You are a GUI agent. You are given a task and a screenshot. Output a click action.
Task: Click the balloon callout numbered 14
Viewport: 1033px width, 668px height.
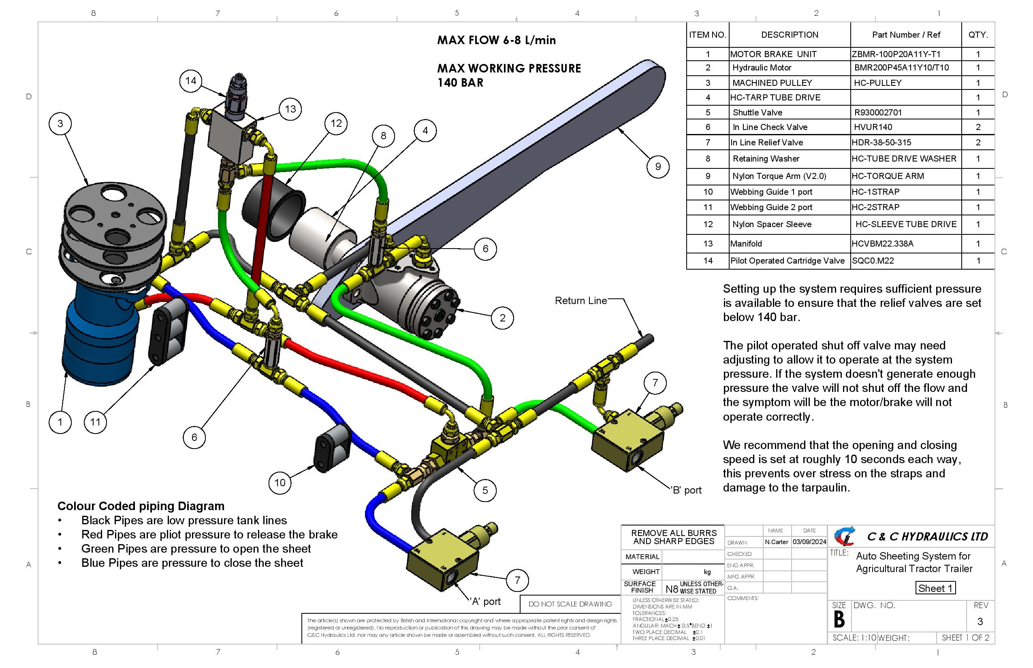190,81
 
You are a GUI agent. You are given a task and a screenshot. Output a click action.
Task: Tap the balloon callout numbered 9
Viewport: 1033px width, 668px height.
657,166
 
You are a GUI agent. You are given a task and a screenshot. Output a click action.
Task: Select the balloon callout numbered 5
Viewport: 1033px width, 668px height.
485,490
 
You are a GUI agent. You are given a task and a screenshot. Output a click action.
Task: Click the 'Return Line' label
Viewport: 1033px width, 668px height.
581,300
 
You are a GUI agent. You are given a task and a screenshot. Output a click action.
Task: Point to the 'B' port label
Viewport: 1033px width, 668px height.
687,490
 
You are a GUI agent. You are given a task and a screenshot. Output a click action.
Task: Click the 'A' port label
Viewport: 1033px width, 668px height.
486,602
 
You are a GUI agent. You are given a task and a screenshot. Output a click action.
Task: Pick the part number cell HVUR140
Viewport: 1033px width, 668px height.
873,127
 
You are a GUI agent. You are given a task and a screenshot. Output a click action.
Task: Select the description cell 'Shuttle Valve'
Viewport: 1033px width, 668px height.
758,113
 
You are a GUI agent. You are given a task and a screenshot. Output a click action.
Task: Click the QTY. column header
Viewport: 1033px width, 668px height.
978,35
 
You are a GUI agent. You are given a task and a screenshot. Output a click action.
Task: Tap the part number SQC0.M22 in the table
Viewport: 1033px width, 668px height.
873,261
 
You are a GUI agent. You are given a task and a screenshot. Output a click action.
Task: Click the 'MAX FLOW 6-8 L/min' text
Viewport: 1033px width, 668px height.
496,40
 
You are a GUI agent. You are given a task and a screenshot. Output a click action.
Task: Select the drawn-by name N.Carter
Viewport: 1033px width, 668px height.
777,542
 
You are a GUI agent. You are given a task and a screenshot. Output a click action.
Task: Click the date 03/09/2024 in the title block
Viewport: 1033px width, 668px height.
809,542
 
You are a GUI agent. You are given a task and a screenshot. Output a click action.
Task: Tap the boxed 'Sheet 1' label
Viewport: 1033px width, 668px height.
935,588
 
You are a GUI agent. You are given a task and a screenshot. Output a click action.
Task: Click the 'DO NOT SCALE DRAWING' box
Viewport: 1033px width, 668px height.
570,604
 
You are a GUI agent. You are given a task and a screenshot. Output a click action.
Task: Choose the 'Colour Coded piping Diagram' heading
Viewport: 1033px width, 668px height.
141,506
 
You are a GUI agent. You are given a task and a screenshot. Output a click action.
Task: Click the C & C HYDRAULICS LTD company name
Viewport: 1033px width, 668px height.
927,536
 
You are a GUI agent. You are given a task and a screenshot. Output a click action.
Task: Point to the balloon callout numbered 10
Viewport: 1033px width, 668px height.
280,483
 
